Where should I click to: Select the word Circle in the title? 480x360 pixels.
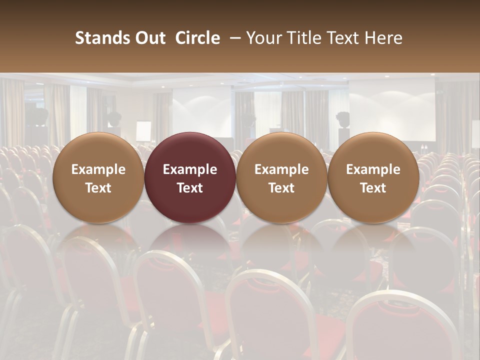click(x=197, y=38)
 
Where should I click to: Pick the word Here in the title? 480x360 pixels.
click(x=383, y=38)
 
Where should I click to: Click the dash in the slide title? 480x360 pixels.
click(x=232, y=38)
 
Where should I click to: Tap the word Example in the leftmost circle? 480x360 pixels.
click(x=98, y=169)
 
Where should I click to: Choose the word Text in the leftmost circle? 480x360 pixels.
click(x=98, y=188)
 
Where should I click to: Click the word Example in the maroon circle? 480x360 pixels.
click(x=190, y=169)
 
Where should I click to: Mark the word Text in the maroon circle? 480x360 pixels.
click(x=190, y=188)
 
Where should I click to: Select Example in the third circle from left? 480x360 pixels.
click(x=281, y=169)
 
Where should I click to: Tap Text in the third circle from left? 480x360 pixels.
click(x=281, y=188)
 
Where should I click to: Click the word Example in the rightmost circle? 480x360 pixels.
click(x=373, y=169)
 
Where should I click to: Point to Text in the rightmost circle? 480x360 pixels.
click(x=373, y=188)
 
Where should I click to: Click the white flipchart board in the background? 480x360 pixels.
click(x=143, y=131)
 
